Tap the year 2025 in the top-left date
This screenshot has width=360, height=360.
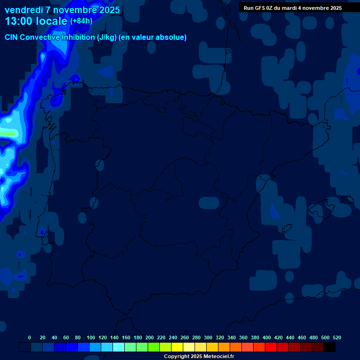(108, 10)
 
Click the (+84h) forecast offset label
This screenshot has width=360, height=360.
(81, 21)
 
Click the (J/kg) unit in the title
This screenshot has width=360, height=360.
(108, 37)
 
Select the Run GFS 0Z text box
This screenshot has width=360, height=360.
(292, 8)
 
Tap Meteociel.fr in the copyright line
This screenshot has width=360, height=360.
(219, 357)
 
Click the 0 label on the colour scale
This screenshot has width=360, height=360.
(30, 337)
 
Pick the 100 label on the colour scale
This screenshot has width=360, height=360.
(91, 337)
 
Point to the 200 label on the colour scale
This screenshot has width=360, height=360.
(150, 337)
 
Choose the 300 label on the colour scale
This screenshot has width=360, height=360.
(208, 337)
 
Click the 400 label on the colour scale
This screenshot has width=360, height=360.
(267, 337)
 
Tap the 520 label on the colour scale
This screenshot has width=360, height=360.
(337, 337)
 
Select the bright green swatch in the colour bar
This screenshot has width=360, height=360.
(154, 347)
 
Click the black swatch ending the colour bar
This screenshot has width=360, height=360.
(330, 347)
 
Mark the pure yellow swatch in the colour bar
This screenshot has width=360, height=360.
(177, 347)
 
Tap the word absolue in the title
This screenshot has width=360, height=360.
(172, 37)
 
